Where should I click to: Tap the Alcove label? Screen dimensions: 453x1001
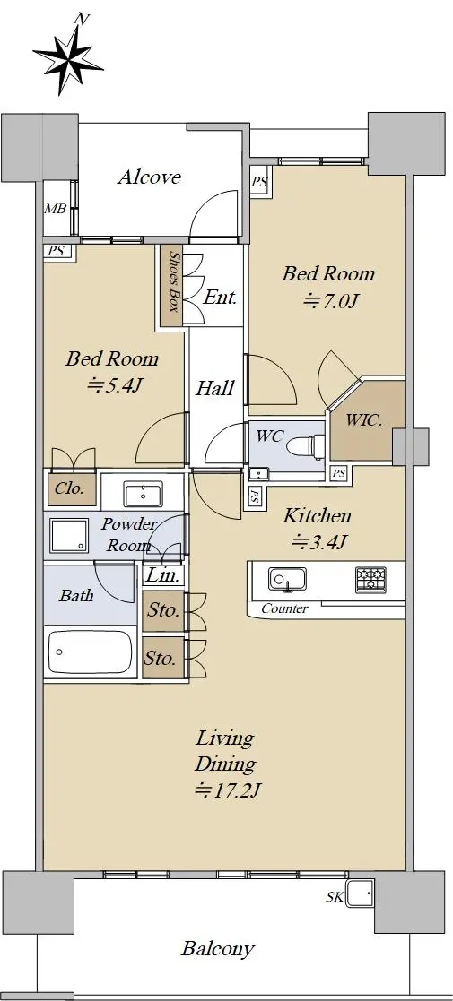coord(149,177)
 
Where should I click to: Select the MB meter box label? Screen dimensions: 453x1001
coord(55,208)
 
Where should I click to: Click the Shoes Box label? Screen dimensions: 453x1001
coord(173,281)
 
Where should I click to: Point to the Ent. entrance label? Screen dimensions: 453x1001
coord(221,297)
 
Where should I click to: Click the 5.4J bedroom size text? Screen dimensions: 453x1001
coord(112,385)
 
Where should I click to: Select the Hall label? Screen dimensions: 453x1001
coord(214,387)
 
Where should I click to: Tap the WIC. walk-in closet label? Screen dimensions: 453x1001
coord(363,420)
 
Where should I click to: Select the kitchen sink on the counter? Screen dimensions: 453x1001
coord(287,579)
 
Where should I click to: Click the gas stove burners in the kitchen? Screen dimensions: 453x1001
coord(371,579)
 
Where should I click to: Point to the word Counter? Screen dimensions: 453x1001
coord(284,609)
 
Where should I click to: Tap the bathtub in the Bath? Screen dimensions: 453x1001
coord(90,652)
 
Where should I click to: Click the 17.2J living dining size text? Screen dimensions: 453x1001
coord(227,791)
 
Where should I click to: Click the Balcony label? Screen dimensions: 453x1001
coord(218,949)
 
